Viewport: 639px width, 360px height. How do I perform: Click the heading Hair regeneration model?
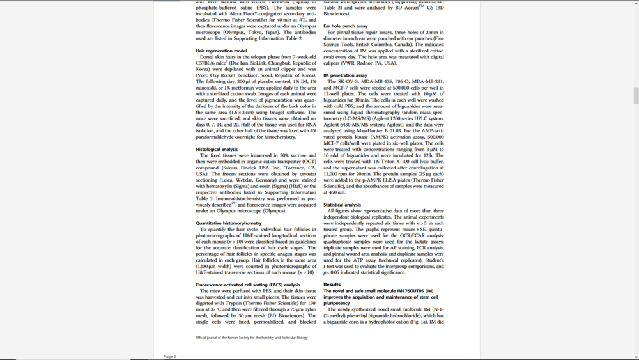point(221,51)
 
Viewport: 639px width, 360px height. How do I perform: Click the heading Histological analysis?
point(217,149)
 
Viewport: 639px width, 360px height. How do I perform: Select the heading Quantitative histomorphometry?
point(228,223)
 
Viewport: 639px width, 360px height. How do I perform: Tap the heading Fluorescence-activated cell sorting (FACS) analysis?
point(248,285)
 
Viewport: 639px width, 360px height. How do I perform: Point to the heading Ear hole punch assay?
point(345,26)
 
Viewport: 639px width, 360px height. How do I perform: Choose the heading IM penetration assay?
point(345,75)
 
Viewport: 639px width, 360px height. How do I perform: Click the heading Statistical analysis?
point(342,205)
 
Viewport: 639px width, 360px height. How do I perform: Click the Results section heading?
point(332,285)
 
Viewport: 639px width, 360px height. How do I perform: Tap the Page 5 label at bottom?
point(169,356)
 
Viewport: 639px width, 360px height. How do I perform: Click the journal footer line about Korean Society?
point(251,338)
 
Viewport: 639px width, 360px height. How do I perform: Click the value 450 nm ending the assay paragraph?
point(334,192)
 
